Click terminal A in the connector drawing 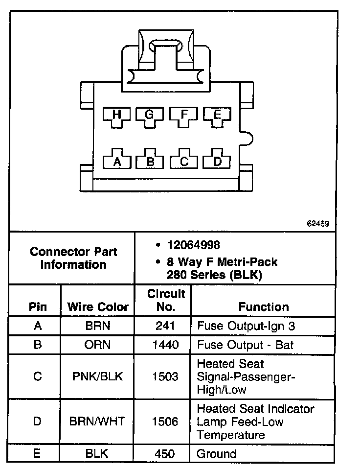(x=116, y=160)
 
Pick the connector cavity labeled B (x=150, y=160)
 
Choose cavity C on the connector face (x=184, y=160)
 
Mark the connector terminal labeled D (x=218, y=160)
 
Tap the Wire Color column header (x=98, y=307)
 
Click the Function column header (x=264, y=307)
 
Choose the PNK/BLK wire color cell (x=98, y=376)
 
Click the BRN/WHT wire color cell (x=98, y=422)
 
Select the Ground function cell (x=216, y=454)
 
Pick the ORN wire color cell (x=98, y=345)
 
